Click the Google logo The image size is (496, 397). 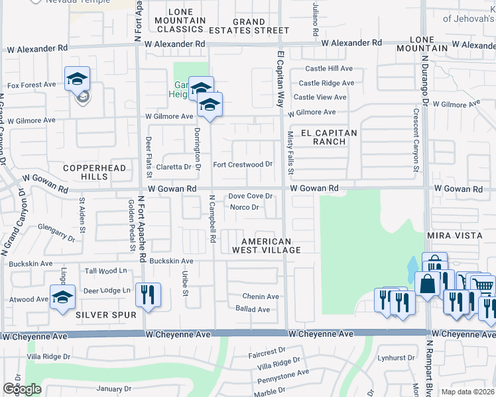tap(22, 389)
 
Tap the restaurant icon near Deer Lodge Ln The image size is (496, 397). tap(148, 293)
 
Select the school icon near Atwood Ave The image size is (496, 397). tap(62, 296)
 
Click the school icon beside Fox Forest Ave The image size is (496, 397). tap(78, 80)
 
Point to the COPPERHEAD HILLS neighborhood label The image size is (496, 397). tap(94, 173)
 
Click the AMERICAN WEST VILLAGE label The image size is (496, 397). tap(266, 245)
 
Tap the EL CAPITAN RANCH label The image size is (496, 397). tap(330, 137)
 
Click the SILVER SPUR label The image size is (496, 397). tap(101, 314)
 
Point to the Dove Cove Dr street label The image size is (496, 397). tap(251, 196)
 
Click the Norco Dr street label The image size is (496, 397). tap(244, 207)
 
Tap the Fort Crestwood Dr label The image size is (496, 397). tap(242, 164)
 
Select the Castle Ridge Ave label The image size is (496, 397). tap(326, 83)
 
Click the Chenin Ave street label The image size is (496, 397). tap(260, 296)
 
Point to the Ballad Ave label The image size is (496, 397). tap(253, 309)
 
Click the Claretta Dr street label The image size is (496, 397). tap(173, 167)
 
